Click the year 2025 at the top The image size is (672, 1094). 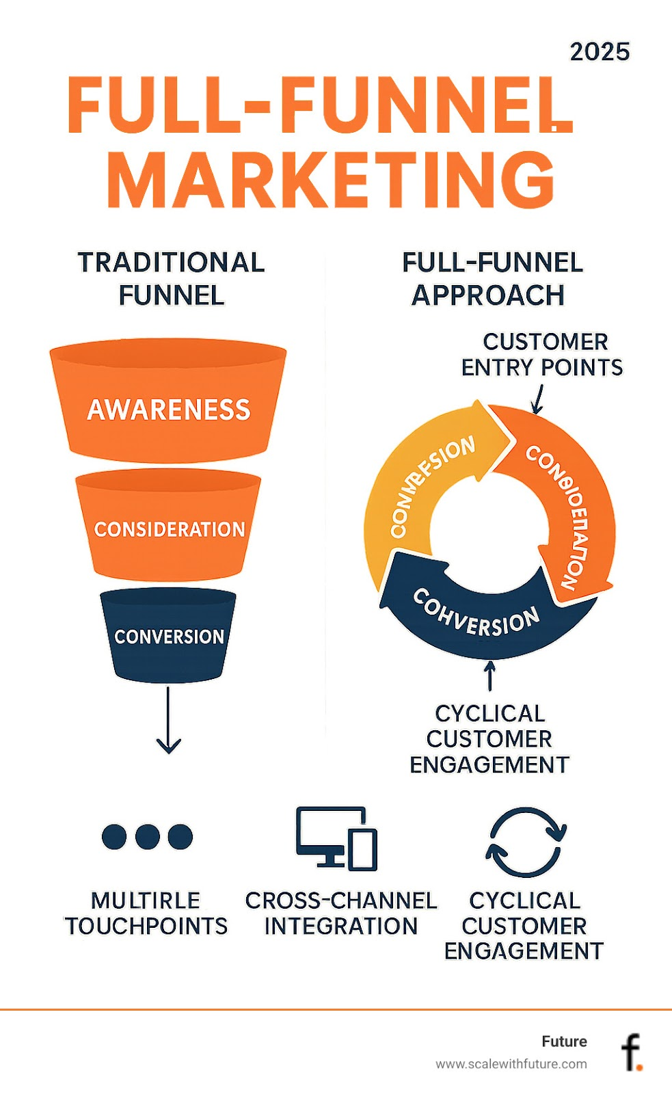coord(600,51)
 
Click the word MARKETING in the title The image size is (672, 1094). coord(331,179)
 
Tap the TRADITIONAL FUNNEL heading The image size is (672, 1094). coord(171,279)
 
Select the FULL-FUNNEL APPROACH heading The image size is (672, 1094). coord(491,279)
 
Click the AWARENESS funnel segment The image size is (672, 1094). coord(168,409)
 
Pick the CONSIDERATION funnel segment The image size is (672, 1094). coord(168,529)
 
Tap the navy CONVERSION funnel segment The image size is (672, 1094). coord(168,636)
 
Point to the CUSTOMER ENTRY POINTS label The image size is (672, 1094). coord(542,354)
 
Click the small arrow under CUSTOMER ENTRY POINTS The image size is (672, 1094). coord(538,400)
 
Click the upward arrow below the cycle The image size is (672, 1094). coord(489,676)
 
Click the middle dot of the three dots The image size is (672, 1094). coord(147,836)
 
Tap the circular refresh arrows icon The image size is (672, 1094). coord(525,842)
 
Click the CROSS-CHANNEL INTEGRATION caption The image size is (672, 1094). coord(340,913)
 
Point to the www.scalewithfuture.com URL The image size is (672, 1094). coord(511,1064)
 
